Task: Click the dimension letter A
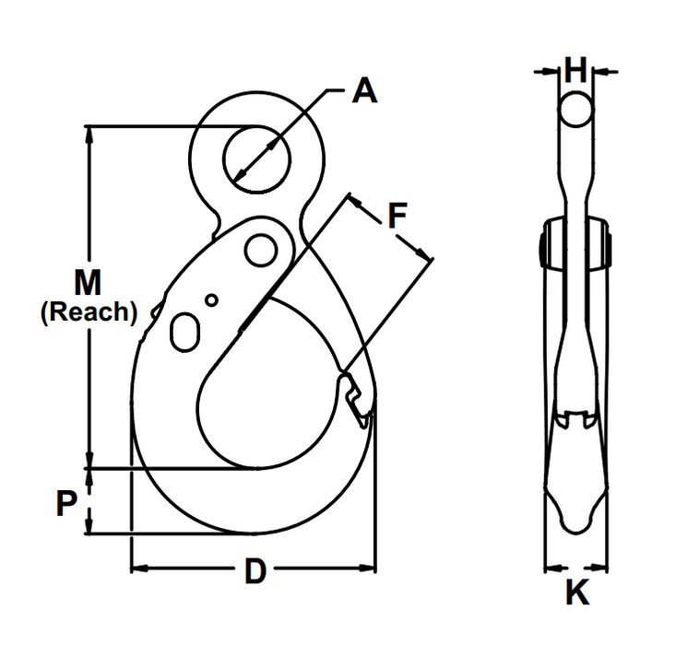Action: (x=365, y=92)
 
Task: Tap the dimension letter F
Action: (x=396, y=216)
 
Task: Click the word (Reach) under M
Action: (x=89, y=311)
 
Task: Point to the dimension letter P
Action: (x=65, y=503)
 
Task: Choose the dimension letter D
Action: (x=255, y=572)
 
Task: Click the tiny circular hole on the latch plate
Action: (x=212, y=299)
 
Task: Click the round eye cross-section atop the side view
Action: (x=575, y=110)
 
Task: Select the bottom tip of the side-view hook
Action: (x=575, y=524)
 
